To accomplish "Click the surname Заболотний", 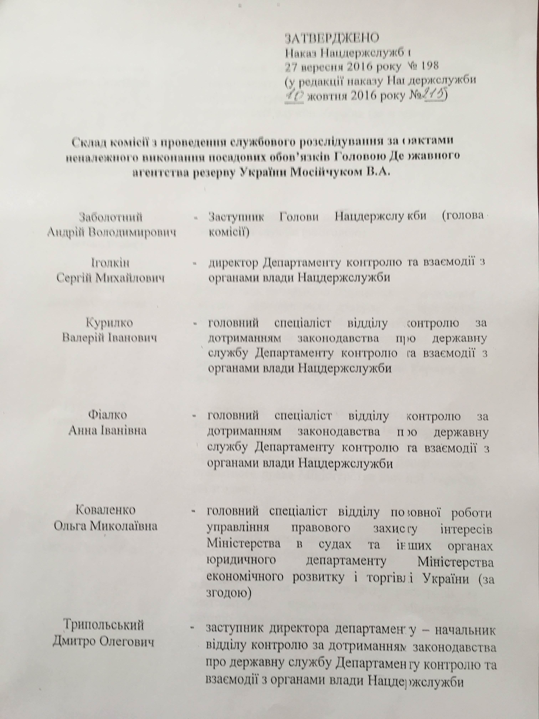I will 111,217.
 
